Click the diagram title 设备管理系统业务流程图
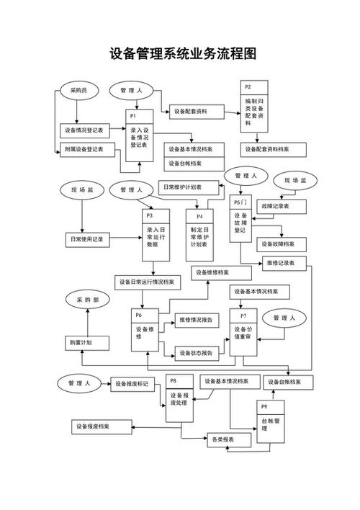(x=183, y=54)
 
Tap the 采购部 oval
(x=87, y=300)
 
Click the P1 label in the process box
(x=133, y=116)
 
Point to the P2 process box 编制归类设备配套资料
(x=254, y=107)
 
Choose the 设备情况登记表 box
(x=84, y=130)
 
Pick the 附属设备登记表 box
(x=87, y=150)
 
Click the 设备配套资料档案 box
(x=273, y=150)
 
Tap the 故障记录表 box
(x=282, y=206)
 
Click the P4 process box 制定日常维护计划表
(x=199, y=235)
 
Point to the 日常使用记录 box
(x=87, y=240)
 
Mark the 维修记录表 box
(x=284, y=263)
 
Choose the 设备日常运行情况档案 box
(x=148, y=282)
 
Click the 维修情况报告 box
(x=197, y=321)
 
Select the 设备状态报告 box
(x=197, y=353)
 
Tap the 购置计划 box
(x=87, y=343)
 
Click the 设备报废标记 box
(x=132, y=384)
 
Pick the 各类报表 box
(x=229, y=440)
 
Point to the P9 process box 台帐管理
(x=271, y=421)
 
